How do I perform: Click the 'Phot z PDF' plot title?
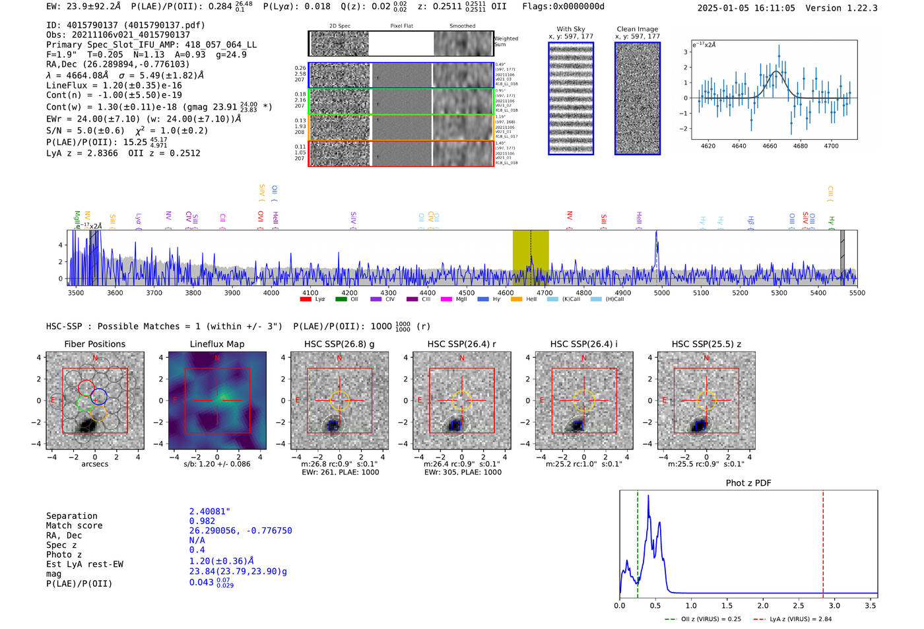tap(748, 482)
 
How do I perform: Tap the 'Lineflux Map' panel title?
tap(216, 344)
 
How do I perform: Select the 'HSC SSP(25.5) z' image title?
tap(706, 344)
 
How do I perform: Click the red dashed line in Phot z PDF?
tap(823, 541)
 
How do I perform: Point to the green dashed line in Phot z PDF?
tap(638, 541)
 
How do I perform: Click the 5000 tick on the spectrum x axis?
tap(661, 293)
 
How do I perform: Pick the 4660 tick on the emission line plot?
tap(770, 146)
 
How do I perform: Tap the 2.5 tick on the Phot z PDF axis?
tap(799, 605)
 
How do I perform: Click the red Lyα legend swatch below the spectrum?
tap(306, 300)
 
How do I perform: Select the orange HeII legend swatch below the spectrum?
tap(516, 300)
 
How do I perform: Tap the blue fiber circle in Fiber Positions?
tap(99, 397)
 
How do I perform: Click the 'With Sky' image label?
tap(571, 29)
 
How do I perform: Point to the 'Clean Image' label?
tap(637, 29)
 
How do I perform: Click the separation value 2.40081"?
tap(209, 512)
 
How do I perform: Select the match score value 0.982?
tap(202, 521)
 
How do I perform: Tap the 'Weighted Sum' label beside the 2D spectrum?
tap(506, 41)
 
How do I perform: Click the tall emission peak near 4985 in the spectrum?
tap(656, 235)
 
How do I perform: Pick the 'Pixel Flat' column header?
tap(401, 26)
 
